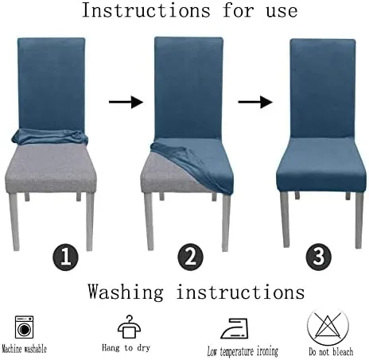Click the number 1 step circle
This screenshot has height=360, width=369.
point(65,257)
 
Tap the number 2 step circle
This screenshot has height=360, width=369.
point(190,257)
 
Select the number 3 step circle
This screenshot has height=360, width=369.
point(318,257)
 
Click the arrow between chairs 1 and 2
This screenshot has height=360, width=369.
point(126,102)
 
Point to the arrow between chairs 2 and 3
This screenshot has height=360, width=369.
point(255,102)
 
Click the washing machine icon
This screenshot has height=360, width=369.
point(24,327)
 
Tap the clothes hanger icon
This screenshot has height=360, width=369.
point(129,327)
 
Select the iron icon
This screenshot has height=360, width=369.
point(235,328)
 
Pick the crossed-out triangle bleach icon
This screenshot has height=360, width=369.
point(328,327)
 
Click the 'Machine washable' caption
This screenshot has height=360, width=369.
point(24,349)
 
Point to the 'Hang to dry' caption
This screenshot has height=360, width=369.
point(126,347)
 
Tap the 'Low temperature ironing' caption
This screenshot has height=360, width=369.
point(243,351)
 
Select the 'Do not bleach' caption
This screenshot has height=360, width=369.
point(331,351)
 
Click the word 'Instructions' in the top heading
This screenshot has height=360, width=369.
point(146,10)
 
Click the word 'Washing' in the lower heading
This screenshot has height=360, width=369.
point(126,292)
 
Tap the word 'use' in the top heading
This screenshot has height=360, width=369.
point(282,12)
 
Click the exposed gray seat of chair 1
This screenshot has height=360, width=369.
point(50,168)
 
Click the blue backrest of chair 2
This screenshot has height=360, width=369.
point(188,88)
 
